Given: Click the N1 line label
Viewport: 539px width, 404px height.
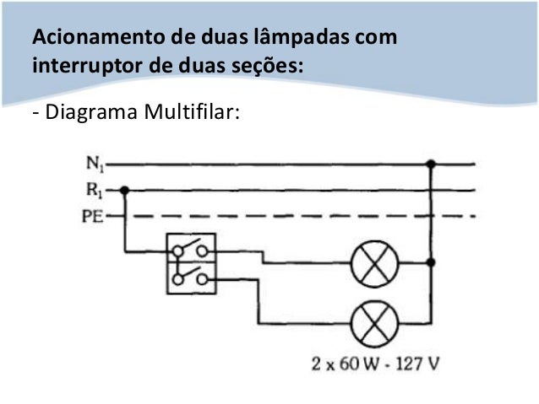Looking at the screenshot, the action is pos(93,163).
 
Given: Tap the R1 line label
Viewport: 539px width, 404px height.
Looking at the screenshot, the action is pos(93,190).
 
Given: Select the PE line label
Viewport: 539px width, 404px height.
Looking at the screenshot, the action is pos(92,218).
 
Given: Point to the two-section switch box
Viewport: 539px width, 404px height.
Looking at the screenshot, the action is pos(191,264).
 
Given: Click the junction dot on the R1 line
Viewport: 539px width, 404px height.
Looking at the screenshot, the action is pos(125,190).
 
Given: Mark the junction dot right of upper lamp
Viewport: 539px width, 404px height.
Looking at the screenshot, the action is pos(433,262).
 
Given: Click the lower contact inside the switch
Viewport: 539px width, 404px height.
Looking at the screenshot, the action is pos(192,277).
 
